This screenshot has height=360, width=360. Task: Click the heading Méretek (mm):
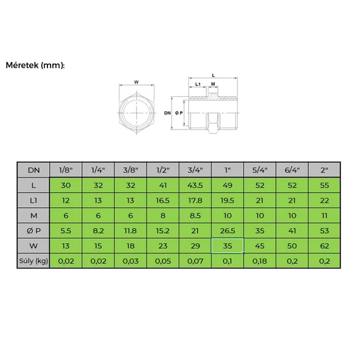[35, 66]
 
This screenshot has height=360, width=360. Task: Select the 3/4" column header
[195, 170]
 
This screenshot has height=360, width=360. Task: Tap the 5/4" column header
[260, 170]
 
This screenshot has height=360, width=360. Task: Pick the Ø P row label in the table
[33, 231]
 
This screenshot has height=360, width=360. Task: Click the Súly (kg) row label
[33, 261]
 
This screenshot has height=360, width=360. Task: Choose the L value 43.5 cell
[195, 185]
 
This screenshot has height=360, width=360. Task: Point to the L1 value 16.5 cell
[163, 200]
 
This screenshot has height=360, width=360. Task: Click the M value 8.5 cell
[195, 215]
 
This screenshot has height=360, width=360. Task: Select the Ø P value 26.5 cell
[227, 231]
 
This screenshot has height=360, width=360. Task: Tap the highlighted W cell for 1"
[227, 246]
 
